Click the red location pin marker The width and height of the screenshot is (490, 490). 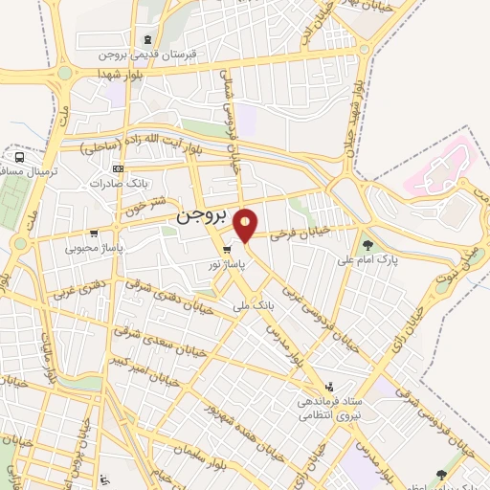point(246,224)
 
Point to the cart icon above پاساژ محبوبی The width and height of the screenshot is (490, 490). point(93,234)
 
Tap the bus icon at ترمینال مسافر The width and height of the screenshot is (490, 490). point(19,157)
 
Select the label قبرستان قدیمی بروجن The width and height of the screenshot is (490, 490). point(167,55)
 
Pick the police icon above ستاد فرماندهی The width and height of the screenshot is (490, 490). point(330,387)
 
